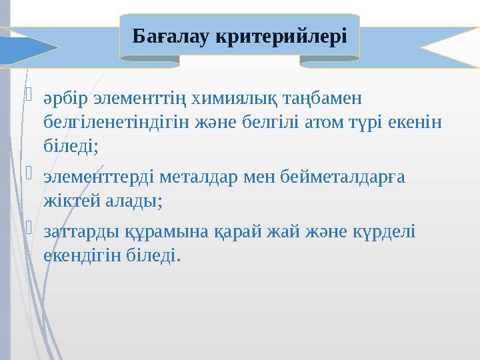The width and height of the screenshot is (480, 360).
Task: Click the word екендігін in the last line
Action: [x=83, y=254]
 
